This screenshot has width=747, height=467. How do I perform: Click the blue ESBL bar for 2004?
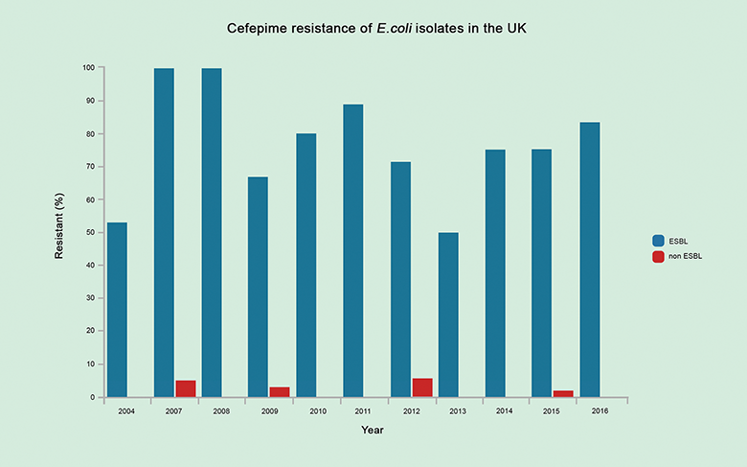pos(117,310)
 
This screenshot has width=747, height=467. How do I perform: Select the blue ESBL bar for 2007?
pos(164,232)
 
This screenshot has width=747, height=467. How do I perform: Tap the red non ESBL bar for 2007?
pos(186,388)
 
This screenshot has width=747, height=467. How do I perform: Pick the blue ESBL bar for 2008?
pos(211,232)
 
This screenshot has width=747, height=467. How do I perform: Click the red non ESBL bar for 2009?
pos(280,391)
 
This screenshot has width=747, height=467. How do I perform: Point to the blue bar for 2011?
pos(352,250)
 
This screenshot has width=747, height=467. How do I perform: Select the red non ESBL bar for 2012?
pos(421,387)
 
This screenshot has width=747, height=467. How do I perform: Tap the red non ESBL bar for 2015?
pos(563,393)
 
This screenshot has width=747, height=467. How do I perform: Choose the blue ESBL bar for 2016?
pos(590,259)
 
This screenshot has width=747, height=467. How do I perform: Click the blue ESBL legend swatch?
pos(659,241)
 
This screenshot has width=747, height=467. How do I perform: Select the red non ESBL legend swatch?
pos(659,257)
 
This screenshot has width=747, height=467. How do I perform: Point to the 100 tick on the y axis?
pos(88,68)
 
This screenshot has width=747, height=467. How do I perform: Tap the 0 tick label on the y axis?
pos(92,397)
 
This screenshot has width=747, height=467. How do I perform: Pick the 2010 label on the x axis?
pos(318,411)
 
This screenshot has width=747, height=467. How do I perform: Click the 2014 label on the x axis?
pos(507,411)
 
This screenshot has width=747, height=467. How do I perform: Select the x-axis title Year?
pos(373,431)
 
